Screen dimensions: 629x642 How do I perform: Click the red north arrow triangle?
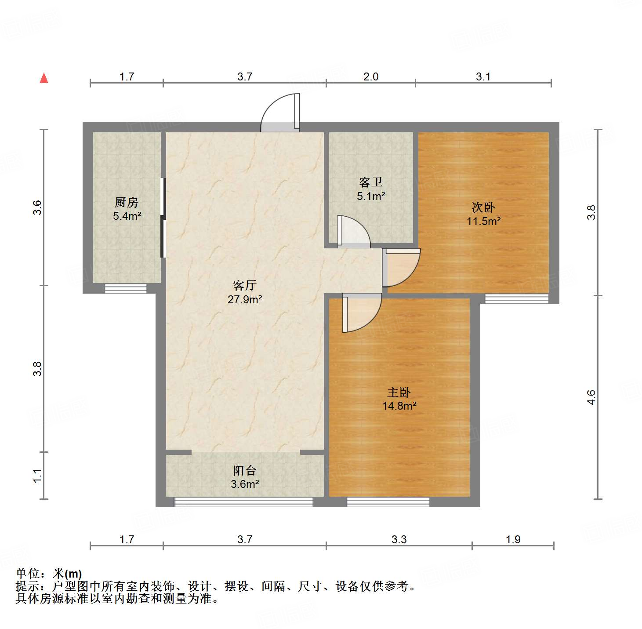coord(44,78)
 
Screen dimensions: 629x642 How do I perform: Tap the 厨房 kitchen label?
coord(127,202)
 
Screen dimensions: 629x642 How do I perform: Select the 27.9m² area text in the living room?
coord(245,300)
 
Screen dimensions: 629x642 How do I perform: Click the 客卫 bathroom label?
coord(371,182)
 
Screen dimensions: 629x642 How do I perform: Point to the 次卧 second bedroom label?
coord(483,207)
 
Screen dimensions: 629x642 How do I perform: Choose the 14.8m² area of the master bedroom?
coord(399,406)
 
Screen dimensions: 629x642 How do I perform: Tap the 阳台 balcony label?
coord(245,471)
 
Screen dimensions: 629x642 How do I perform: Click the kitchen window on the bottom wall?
coord(126,289)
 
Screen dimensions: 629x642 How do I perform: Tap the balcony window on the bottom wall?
coord(243,502)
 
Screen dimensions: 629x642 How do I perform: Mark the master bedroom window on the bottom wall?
coord(388,502)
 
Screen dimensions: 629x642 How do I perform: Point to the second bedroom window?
coord(516,298)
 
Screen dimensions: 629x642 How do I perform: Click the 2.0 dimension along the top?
coord(371,77)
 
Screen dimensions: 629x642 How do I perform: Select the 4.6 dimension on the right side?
coord(591,397)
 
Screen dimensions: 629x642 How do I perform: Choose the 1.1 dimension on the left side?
coord(38,476)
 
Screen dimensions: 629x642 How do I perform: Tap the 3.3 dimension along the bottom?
coord(399,539)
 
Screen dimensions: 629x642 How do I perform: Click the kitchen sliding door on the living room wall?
coord(163,218)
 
